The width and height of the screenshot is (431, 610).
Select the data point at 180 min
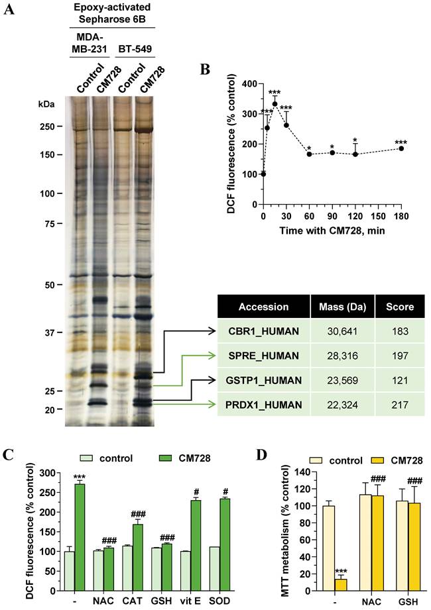pos(401,148)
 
